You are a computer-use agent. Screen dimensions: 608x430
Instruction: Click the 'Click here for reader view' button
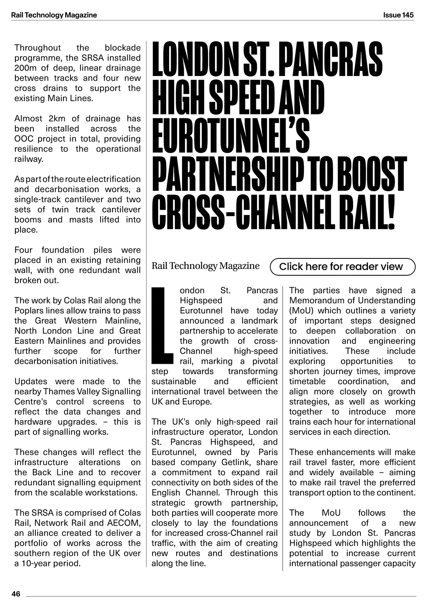pos(342,267)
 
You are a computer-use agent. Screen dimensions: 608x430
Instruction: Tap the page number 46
pos(16,594)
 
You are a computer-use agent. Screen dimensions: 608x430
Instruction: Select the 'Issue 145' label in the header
pos(398,15)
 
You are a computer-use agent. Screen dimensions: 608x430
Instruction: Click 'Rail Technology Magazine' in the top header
pos(54,15)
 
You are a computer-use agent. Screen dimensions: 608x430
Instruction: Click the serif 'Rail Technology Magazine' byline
pos(205,266)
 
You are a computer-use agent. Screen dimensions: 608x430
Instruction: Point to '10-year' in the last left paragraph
pos(36,563)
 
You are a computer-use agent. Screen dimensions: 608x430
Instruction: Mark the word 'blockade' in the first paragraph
pos(123,48)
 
